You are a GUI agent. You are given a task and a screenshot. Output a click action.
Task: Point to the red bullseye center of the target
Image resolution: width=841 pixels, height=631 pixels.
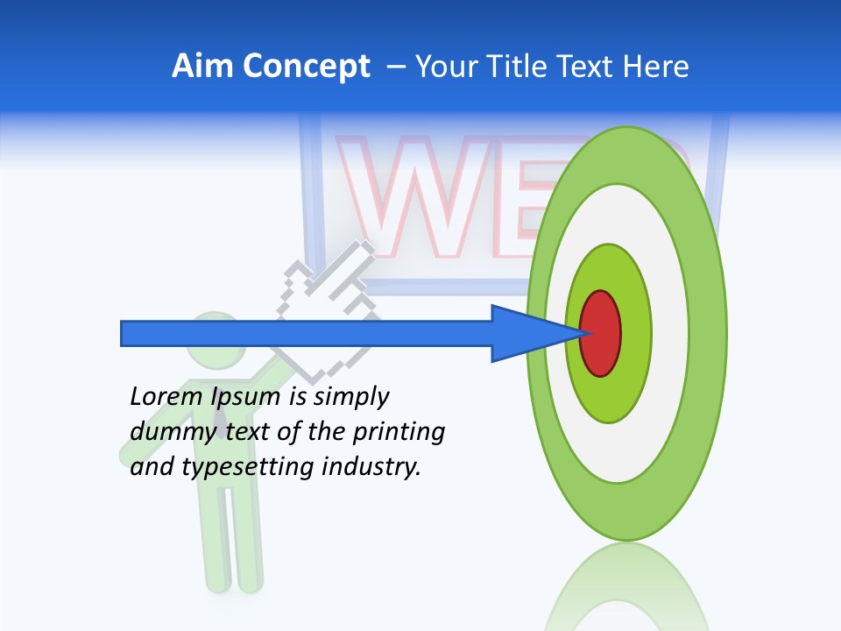point(601,334)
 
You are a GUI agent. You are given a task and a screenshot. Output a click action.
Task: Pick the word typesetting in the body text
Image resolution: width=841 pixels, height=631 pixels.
point(249,467)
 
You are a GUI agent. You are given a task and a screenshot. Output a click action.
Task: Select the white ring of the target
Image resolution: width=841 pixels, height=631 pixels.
point(670,334)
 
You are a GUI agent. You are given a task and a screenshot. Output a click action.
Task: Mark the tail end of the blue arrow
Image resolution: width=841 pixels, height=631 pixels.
point(127,334)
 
